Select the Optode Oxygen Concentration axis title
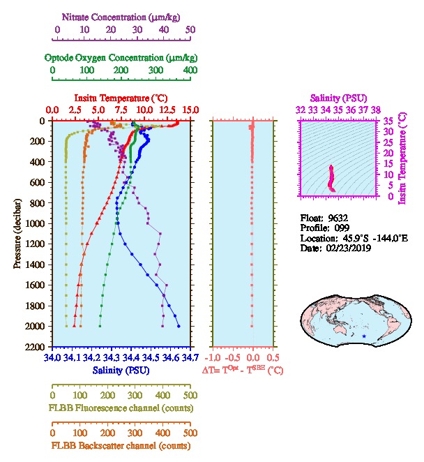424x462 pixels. (x=121, y=57)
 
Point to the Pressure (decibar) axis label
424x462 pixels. (x=17, y=234)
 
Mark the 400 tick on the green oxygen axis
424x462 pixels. (x=190, y=70)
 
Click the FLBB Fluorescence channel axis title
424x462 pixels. (x=121, y=408)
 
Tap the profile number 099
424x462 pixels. (x=342, y=228)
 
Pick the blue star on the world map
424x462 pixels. (x=363, y=336)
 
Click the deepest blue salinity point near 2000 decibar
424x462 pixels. (x=179, y=326)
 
